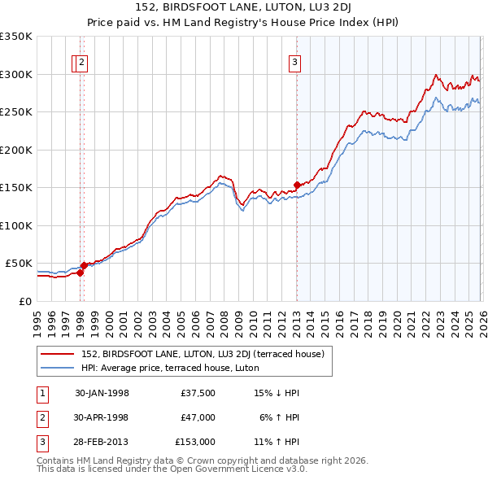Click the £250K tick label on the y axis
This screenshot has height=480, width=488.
click(x=16, y=111)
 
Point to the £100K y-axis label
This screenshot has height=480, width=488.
click(x=16, y=225)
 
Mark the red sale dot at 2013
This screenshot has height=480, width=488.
click(x=297, y=185)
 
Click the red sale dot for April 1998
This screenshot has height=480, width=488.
click(x=84, y=265)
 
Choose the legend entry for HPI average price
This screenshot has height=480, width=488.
click(x=169, y=368)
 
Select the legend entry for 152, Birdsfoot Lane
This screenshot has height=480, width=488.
click(x=203, y=354)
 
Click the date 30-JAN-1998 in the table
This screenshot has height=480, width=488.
click(x=102, y=393)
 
